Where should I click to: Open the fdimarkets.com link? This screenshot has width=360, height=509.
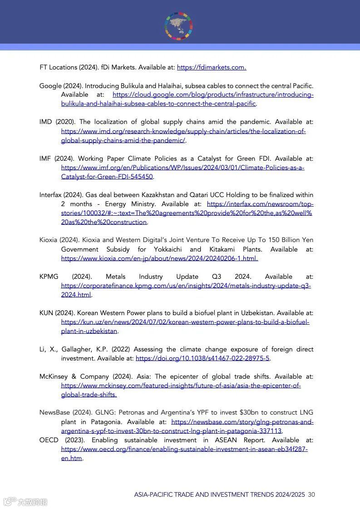coord(211,67)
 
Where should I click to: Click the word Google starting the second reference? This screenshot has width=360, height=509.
coord(50,86)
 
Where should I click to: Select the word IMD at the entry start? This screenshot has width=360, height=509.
coord(46,122)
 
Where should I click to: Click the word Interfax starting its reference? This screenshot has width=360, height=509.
coord(50,195)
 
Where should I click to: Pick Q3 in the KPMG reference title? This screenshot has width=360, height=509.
coord(217,277)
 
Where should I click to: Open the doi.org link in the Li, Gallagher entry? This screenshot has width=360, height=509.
coord(202,358)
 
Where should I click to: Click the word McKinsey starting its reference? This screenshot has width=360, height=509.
coord(54,376)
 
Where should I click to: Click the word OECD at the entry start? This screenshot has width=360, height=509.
coord(49,440)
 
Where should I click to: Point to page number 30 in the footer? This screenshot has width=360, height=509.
coord(311,494)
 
